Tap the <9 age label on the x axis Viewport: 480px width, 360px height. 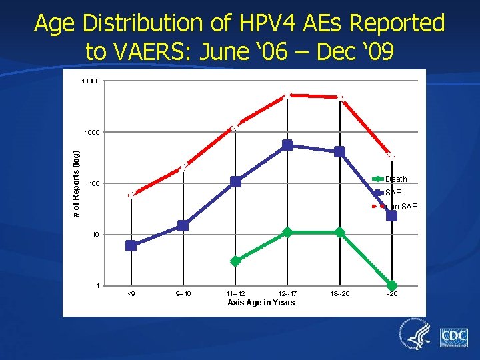[131, 293]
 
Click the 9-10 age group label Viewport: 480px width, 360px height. [183, 293]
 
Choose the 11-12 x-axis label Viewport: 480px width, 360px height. [235, 293]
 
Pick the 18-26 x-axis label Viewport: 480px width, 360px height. [340, 293]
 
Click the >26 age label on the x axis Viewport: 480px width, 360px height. [391, 293]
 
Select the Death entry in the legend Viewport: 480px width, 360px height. [396, 179]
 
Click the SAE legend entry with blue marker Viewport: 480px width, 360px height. [393, 193]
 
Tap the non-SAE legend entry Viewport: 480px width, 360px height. [400, 207]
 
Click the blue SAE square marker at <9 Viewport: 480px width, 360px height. [131, 245]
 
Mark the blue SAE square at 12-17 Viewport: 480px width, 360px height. [287, 145]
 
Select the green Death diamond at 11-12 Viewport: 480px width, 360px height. [235, 261]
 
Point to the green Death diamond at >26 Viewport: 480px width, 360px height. [391, 285]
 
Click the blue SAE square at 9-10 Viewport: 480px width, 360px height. [183, 225]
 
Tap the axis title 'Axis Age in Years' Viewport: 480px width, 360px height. [261, 303]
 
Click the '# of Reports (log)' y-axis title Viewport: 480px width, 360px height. [77, 183]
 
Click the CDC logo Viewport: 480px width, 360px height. [453, 337]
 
